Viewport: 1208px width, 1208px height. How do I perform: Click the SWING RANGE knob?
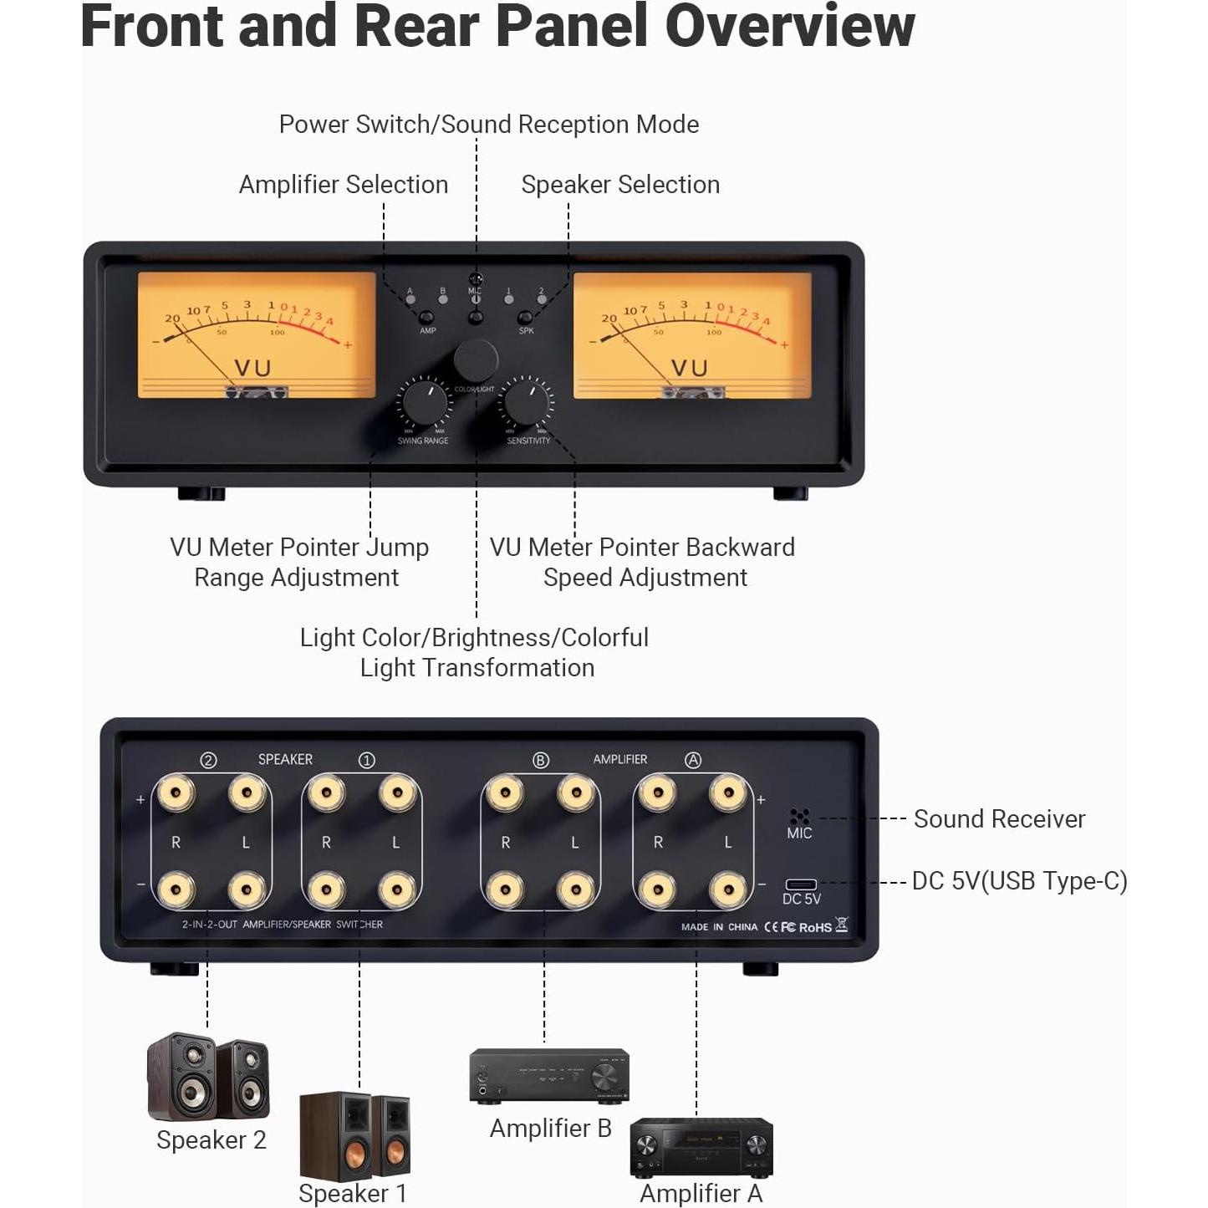point(425,402)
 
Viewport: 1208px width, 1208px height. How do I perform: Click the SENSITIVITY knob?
point(527,403)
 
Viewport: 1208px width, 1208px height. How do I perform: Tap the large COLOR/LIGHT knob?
point(476,360)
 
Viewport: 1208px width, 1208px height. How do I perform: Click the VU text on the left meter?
point(252,368)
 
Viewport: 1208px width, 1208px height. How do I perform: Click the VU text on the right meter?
point(690,368)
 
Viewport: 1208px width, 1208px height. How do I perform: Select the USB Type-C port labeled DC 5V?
point(801,884)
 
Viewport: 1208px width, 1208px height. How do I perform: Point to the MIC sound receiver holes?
point(799,817)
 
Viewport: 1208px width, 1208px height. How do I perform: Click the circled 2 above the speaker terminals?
point(208,760)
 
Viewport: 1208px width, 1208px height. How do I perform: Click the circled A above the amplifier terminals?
point(692,760)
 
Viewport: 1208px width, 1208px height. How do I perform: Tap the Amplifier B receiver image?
point(549,1075)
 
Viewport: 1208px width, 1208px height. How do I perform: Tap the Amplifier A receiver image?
point(701,1146)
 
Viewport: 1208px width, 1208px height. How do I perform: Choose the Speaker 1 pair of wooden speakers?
point(354,1134)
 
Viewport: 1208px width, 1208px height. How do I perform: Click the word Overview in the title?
point(789,27)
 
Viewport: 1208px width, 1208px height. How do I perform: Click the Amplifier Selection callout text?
point(344,185)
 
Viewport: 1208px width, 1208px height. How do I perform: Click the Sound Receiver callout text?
point(999,819)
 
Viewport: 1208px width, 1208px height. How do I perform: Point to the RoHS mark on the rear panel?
point(815,927)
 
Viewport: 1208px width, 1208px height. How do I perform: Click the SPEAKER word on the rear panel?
point(285,759)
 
